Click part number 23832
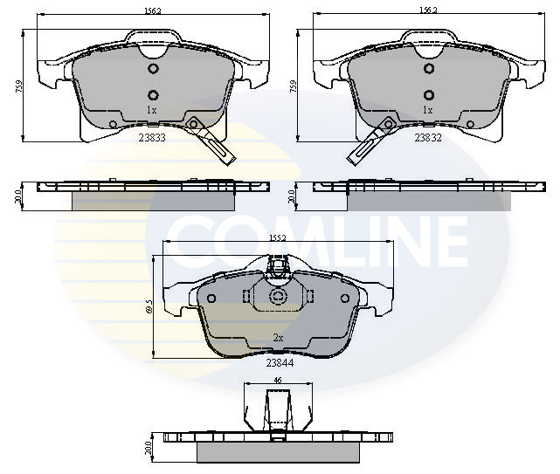point(427,137)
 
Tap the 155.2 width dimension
point(279,237)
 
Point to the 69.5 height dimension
point(149,306)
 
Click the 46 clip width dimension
point(278,381)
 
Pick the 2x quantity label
point(279,337)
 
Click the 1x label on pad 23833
point(151,110)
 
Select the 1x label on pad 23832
point(427,110)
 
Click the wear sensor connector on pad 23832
point(358,156)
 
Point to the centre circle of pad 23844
point(279,298)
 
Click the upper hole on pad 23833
point(152,69)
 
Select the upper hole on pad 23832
point(428,69)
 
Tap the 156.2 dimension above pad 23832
point(427,11)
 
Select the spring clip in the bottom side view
point(278,409)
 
